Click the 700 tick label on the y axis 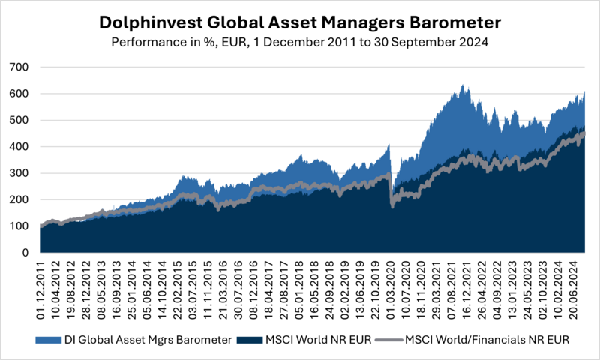(x=19, y=67)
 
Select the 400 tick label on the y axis (x=19, y=147)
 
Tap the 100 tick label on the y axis (x=19, y=226)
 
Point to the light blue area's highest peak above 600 (x=463, y=85)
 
